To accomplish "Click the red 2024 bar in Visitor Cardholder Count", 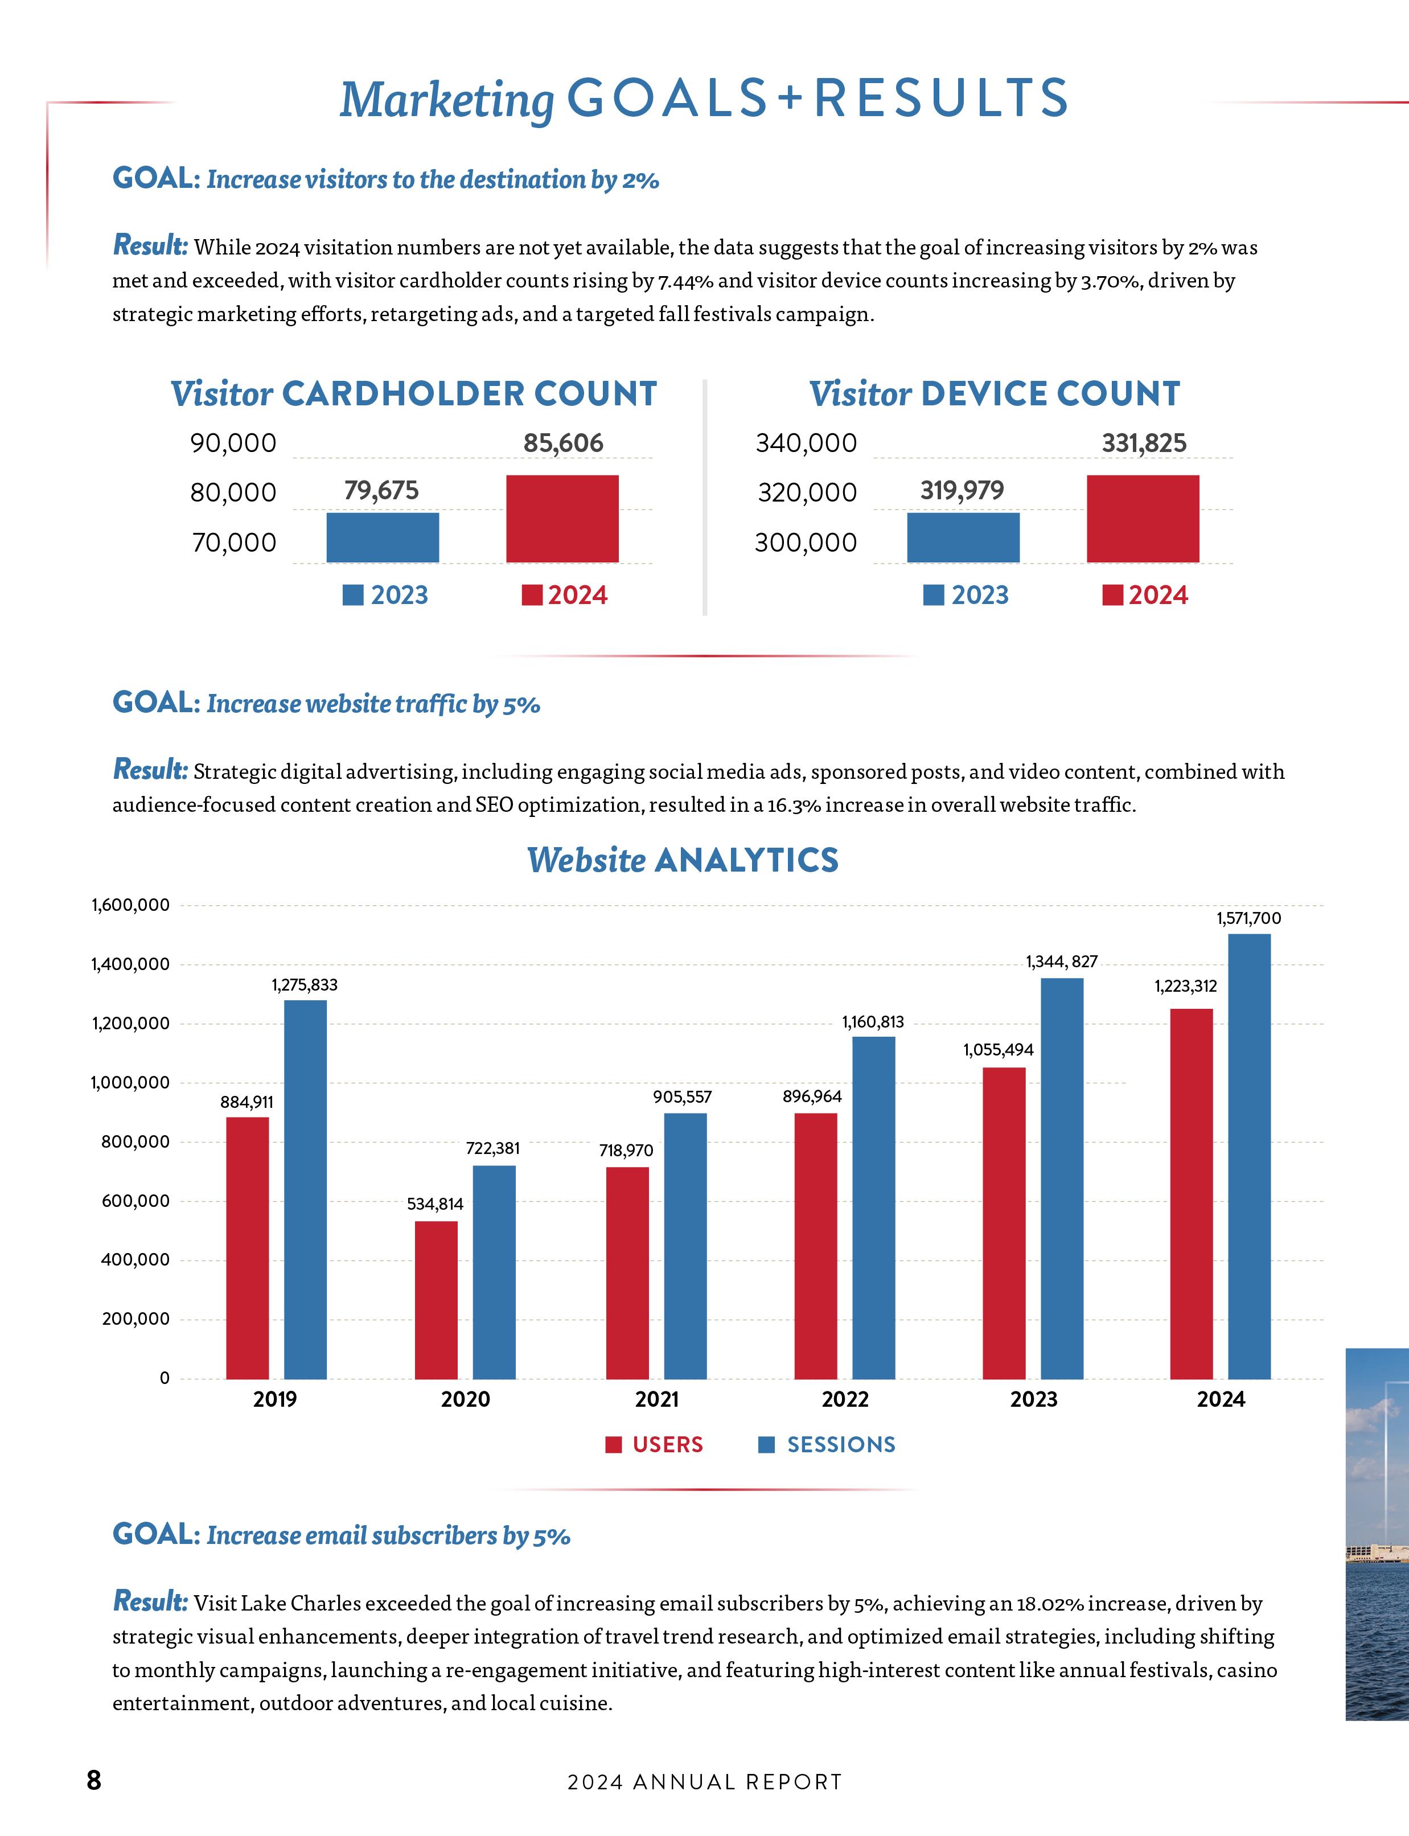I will coord(562,518).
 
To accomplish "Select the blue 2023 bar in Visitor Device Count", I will coord(963,537).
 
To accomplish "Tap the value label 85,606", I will coord(563,443).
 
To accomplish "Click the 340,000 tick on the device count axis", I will coord(806,443).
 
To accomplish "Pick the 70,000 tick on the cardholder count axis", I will coord(234,543).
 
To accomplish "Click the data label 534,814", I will coord(436,1205).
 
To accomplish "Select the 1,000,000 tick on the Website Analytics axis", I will coord(130,1083).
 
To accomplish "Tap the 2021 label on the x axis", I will coord(657,1399).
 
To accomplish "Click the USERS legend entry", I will coord(655,1444).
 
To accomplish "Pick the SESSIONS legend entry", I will coord(827,1444).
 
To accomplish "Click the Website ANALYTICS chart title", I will coord(683,860).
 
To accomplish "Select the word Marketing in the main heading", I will coord(446,101).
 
